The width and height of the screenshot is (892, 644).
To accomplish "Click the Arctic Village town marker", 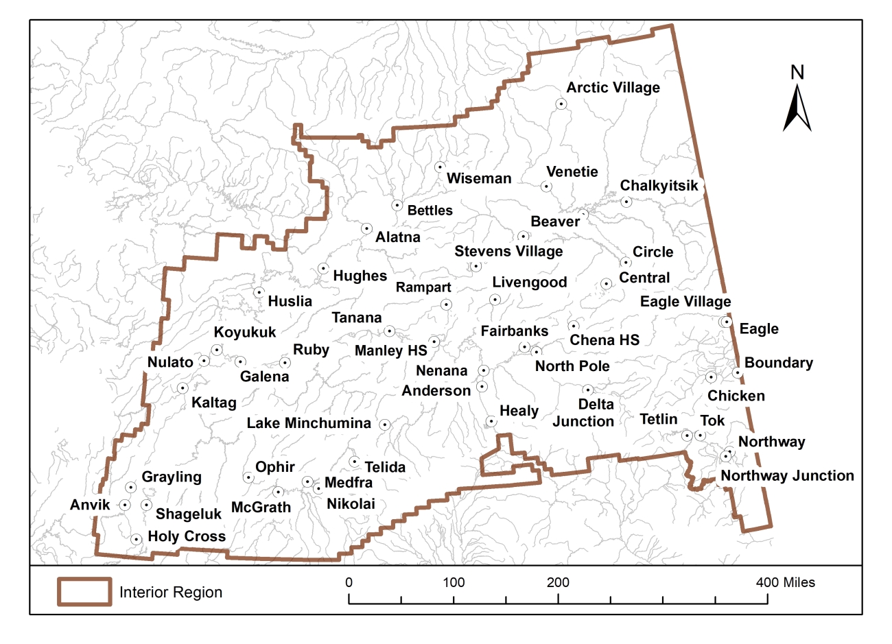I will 561,104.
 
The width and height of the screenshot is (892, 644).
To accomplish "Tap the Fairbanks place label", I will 514,331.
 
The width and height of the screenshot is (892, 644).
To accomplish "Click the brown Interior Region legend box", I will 84,592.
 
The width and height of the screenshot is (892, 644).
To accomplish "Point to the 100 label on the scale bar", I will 454,583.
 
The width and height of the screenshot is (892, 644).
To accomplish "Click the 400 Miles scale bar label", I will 786,583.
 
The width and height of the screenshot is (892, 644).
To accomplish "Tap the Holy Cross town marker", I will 137,540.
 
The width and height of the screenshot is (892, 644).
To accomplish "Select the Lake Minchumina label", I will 309,423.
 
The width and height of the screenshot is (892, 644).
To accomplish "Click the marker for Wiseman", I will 440,167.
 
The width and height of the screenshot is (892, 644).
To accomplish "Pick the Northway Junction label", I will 787,476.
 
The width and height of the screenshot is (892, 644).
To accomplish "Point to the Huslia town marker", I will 259,293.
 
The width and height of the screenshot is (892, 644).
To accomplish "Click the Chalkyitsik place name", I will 659,186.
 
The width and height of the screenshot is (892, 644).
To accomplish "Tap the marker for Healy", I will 491,421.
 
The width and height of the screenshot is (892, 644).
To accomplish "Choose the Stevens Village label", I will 508,252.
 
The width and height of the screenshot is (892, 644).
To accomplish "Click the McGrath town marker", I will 278,492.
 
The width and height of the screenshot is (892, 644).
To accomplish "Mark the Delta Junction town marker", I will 587,390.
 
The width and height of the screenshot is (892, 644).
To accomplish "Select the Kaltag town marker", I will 183,388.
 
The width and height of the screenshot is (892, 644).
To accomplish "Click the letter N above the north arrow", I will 797,72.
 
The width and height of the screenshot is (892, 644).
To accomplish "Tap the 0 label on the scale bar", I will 349,583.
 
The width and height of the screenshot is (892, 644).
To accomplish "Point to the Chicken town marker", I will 711,377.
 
